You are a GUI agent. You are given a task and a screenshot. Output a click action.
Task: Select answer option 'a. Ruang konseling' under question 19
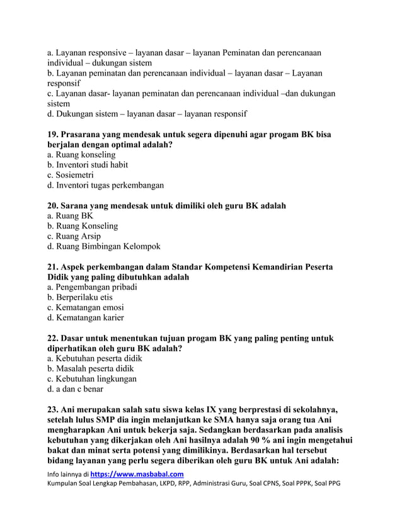click(81, 154)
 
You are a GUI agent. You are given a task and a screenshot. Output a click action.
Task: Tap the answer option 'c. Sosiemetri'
click(71, 175)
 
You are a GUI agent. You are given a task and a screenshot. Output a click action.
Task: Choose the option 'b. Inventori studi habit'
click(88, 165)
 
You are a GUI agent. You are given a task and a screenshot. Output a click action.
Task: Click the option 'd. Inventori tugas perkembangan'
click(106, 185)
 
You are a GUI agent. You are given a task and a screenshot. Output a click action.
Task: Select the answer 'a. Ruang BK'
click(70, 215)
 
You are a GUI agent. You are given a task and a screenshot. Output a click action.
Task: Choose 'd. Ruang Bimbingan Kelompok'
click(104, 246)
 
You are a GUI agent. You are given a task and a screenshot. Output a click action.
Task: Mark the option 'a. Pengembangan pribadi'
click(92, 287)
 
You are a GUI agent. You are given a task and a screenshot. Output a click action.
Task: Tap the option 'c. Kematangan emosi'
click(85, 307)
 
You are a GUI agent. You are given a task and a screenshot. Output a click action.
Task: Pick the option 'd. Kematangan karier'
click(86, 318)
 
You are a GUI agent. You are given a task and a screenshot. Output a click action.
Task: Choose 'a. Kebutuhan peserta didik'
click(95, 358)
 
